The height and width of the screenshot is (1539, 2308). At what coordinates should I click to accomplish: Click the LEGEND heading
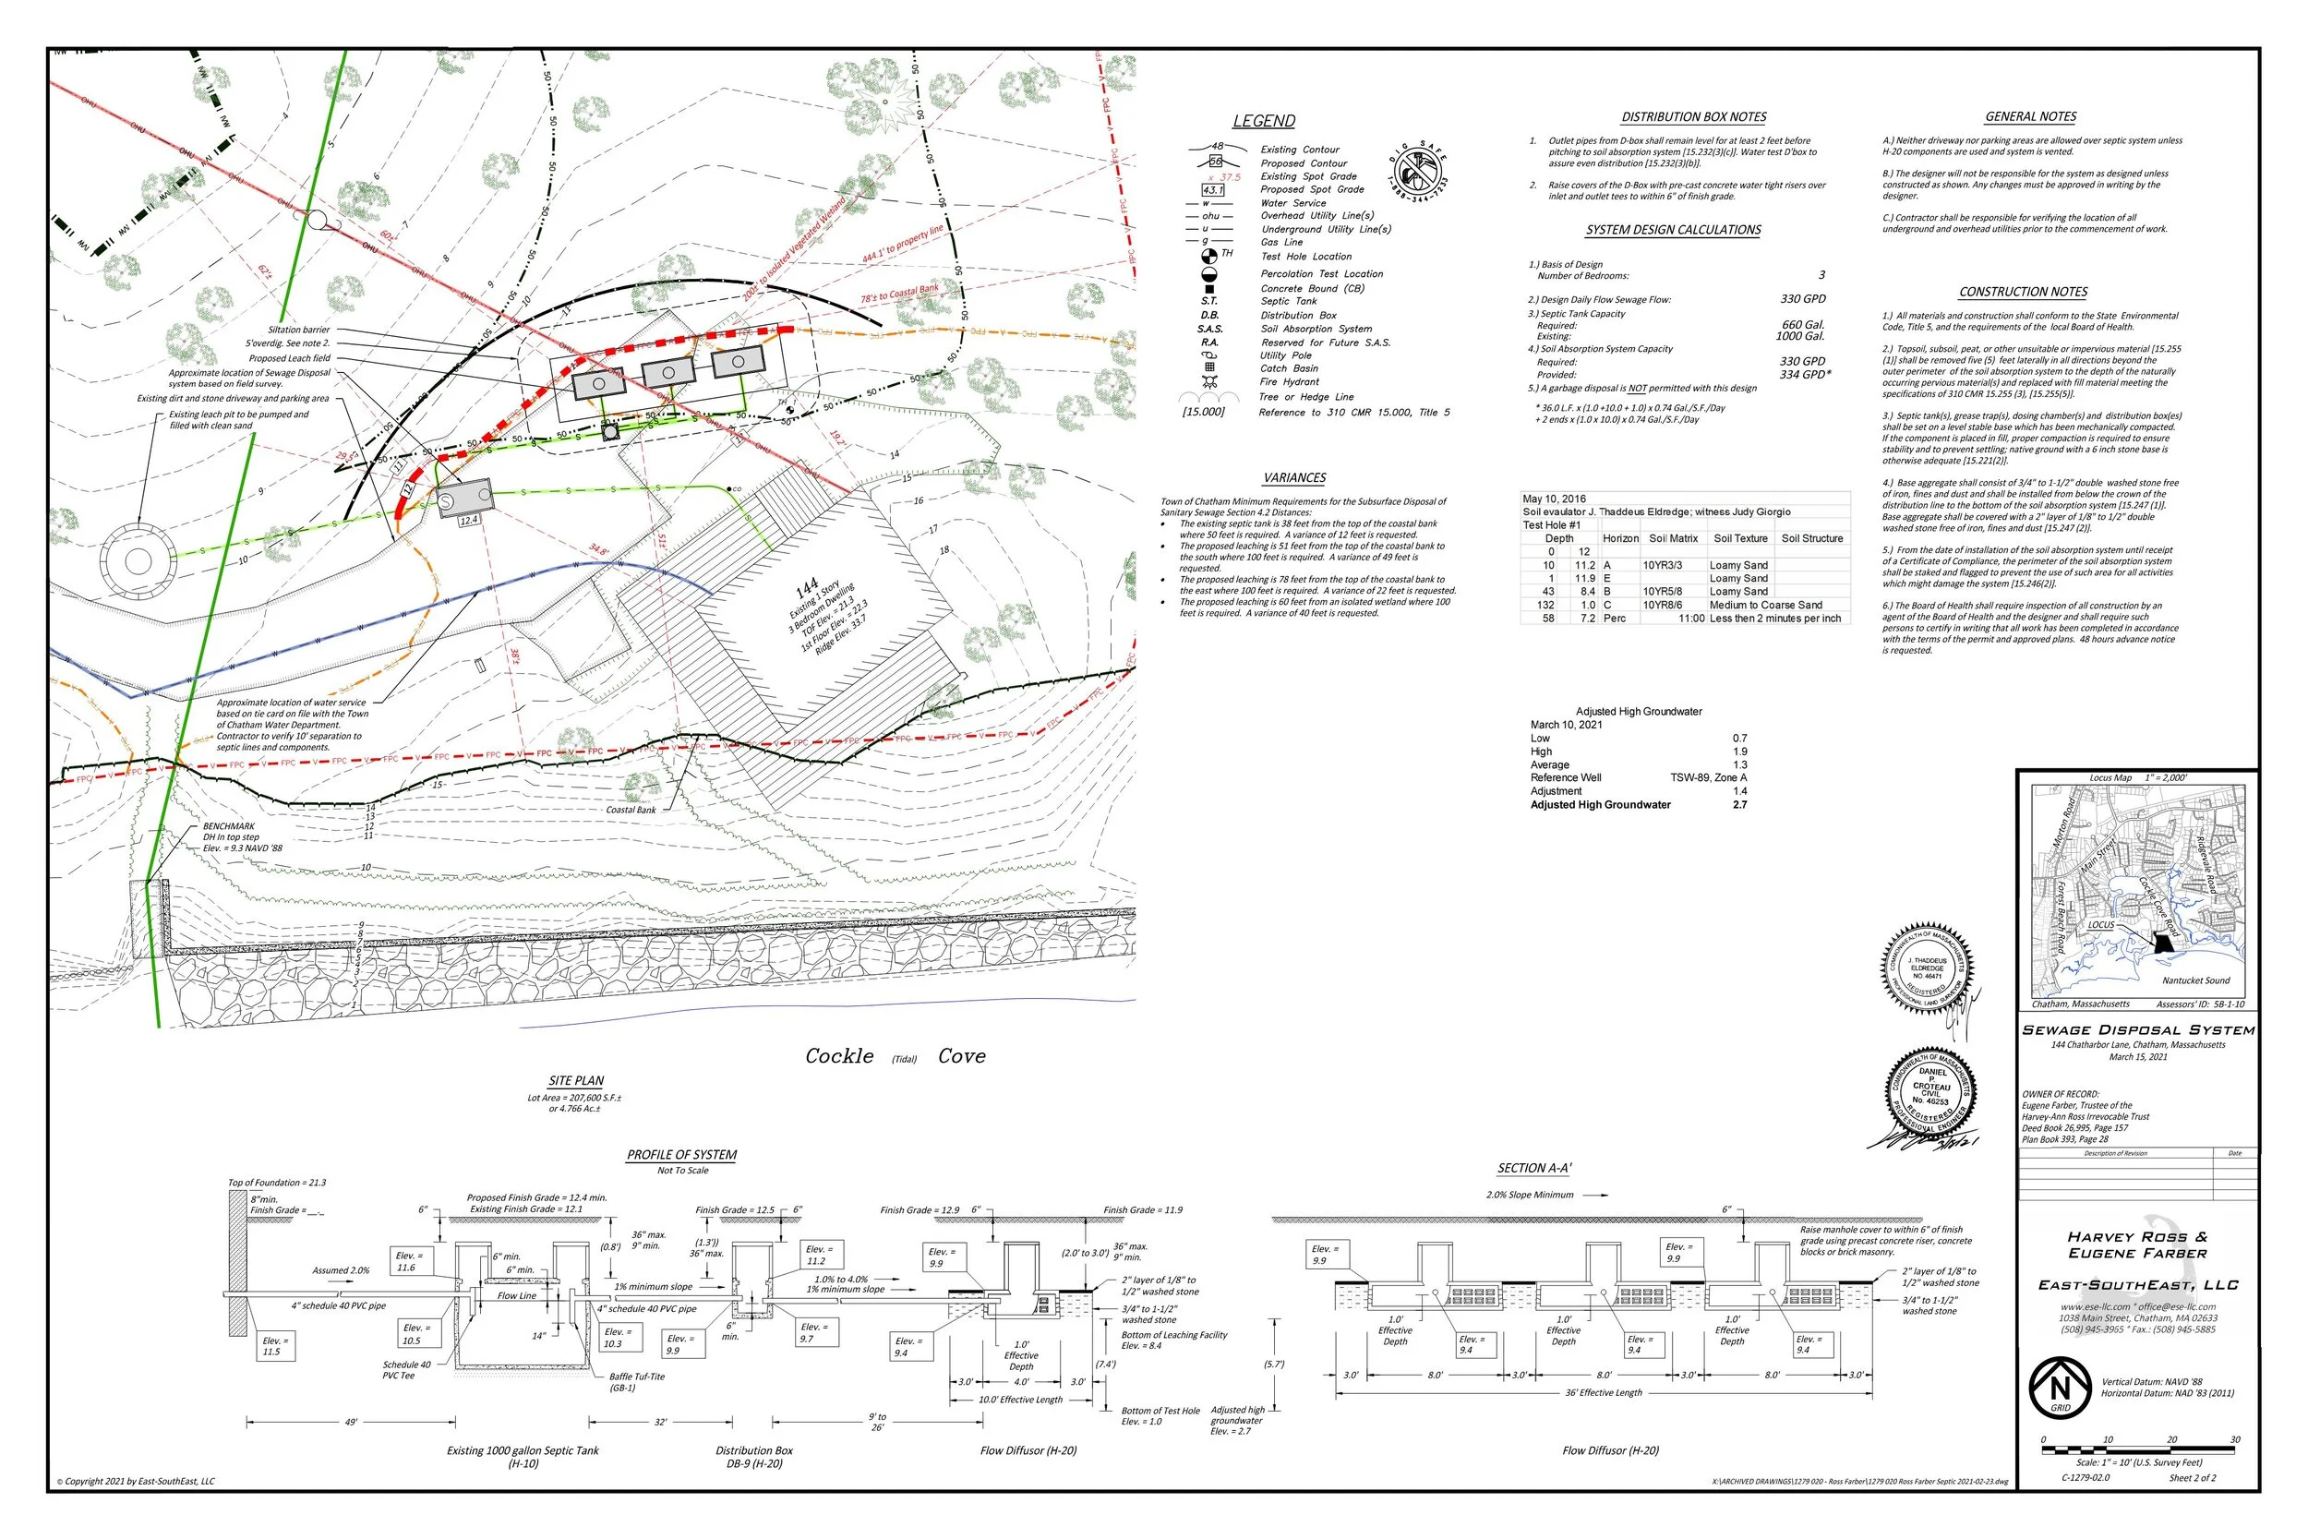pyautogui.click(x=1263, y=121)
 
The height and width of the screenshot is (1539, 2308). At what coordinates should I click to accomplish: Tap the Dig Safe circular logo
pyautogui.click(x=1419, y=169)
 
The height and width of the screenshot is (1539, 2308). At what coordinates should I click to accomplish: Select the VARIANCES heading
pyautogui.click(x=1294, y=478)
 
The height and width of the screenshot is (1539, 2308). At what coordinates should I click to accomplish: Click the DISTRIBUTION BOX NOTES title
pyautogui.click(x=1694, y=117)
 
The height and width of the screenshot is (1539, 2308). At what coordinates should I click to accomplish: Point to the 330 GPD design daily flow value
pyautogui.click(x=1803, y=299)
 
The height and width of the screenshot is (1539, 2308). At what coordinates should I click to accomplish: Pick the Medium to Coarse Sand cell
pyautogui.click(x=1765, y=606)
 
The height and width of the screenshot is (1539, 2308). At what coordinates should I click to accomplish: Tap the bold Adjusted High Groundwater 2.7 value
pyautogui.click(x=1740, y=805)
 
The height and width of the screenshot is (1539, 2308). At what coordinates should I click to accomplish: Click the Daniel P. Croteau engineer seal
pyautogui.click(x=1930, y=1093)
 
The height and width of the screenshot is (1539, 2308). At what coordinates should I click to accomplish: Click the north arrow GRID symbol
pyautogui.click(x=2060, y=1388)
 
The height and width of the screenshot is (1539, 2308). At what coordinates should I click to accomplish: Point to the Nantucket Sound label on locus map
pyautogui.click(x=2195, y=980)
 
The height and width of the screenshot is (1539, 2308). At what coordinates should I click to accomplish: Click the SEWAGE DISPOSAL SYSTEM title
pyautogui.click(x=2138, y=1030)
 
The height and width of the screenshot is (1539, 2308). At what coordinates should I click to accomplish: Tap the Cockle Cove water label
pyautogui.click(x=894, y=1056)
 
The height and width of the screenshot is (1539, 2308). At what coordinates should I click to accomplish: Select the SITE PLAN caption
pyautogui.click(x=576, y=1081)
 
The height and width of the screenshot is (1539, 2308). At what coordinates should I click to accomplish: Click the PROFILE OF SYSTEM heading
pyautogui.click(x=682, y=1155)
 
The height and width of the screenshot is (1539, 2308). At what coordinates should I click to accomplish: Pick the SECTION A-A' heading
pyautogui.click(x=1533, y=1168)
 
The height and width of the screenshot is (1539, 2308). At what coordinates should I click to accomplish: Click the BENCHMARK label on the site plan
pyautogui.click(x=229, y=826)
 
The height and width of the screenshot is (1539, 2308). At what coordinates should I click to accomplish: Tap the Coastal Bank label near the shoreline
pyautogui.click(x=630, y=810)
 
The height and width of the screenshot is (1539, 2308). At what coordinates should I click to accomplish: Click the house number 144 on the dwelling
pyautogui.click(x=807, y=587)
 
